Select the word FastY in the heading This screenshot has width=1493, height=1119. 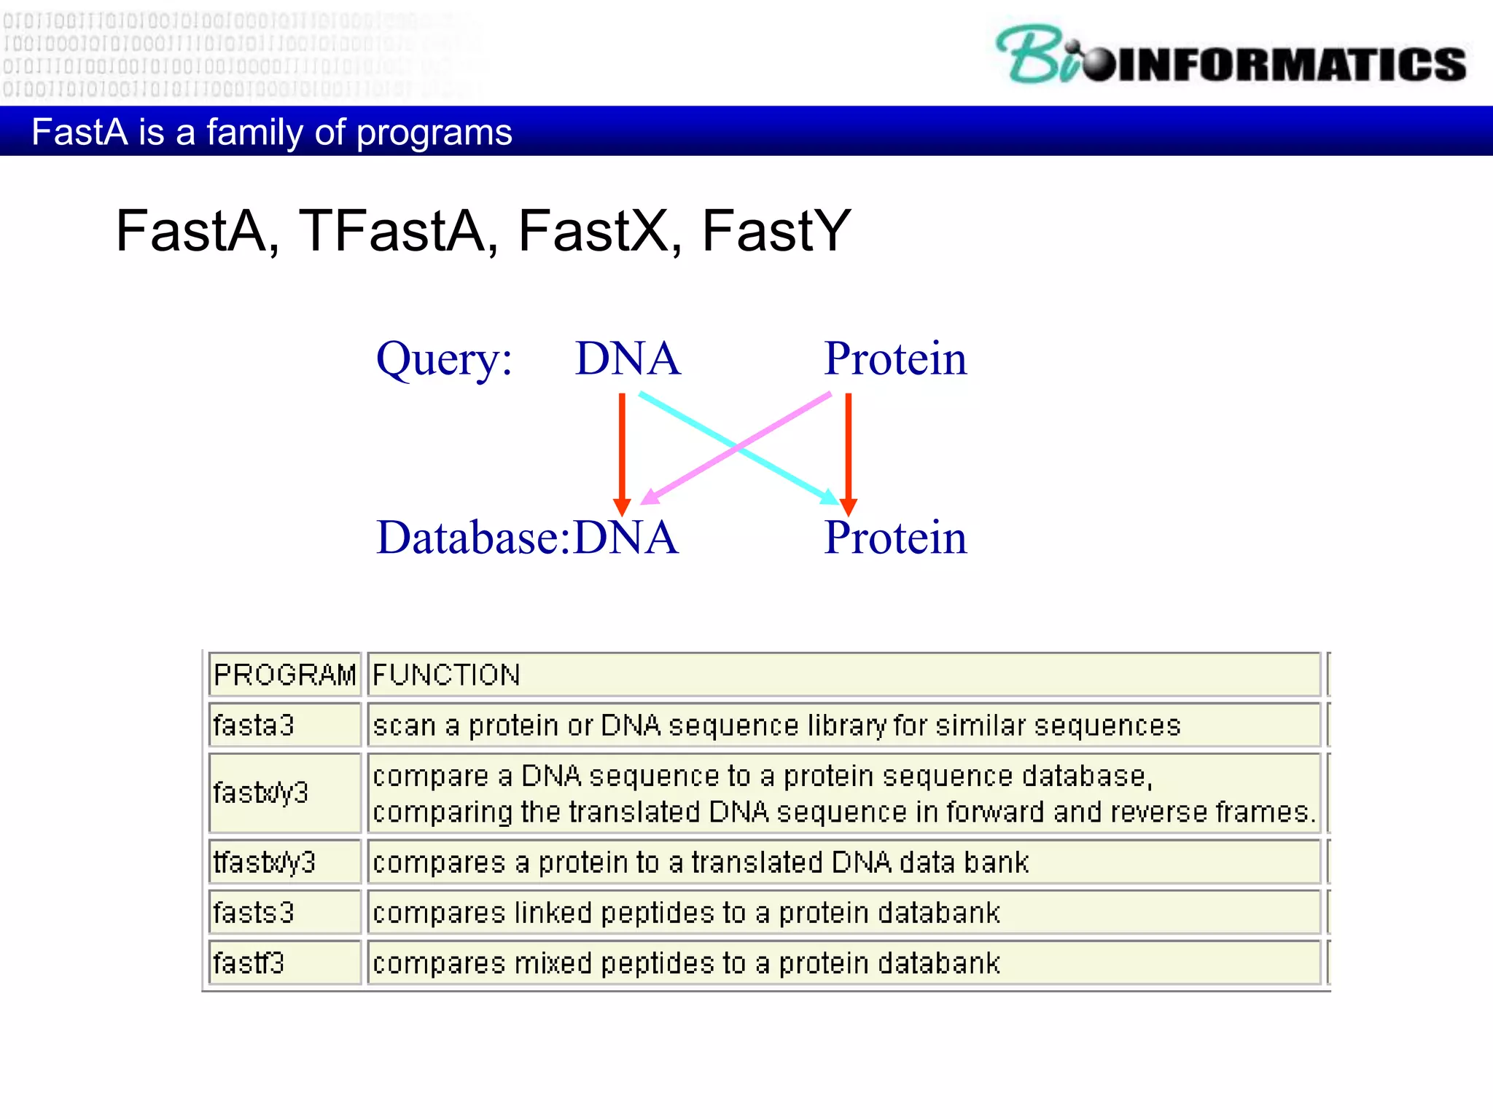tap(776, 232)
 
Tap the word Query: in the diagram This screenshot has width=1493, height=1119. tap(444, 359)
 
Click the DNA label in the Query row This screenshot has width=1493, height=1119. tap(627, 359)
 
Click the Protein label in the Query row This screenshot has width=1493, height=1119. tap(895, 359)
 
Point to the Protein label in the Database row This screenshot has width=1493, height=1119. tap(895, 538)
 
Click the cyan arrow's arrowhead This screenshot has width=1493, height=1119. tap(830, 498)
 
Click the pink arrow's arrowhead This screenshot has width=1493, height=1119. tap(650, 498)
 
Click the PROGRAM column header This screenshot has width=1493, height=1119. tap(284, 675)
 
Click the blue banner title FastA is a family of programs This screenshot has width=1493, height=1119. tap(271, 133)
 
